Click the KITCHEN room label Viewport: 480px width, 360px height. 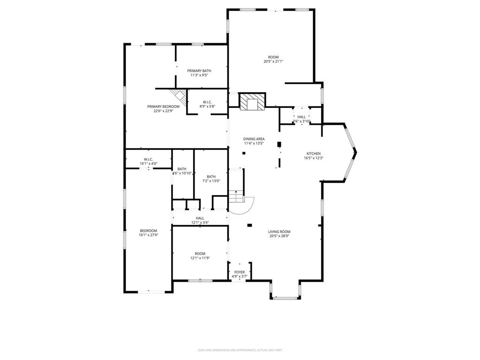point(314,154)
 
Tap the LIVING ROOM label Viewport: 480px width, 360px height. point(279,232)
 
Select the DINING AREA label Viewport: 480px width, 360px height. point(254,139)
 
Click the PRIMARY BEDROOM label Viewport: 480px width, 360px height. point(163,106)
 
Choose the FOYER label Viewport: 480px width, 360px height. point(240,272)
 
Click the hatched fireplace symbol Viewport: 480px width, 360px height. point(252,102)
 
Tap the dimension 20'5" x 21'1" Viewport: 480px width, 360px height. point(273,61)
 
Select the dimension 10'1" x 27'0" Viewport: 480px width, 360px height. point(148,235)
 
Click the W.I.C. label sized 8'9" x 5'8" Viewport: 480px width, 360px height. point(207,102)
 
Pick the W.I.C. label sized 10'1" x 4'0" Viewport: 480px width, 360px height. point(149,159)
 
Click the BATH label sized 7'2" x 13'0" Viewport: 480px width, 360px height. point(211,177)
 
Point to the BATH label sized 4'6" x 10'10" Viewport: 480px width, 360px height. point(182,169)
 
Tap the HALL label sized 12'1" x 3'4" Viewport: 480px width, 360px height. point(200,218)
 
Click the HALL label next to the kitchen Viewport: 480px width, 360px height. point(301,117)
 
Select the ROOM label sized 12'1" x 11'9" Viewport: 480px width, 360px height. point(200,254)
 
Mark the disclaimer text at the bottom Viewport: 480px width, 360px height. point(240,350)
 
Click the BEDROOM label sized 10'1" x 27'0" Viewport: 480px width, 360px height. point(148,231)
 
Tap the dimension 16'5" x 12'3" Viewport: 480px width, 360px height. point(314,158)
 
